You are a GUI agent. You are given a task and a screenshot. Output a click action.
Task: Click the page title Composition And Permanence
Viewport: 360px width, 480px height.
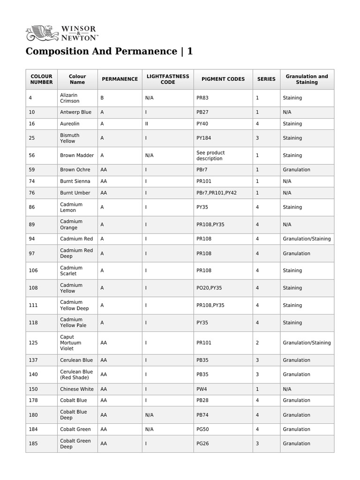(109, 51)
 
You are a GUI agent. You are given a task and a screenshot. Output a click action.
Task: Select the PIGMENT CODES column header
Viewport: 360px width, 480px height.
(223, 79)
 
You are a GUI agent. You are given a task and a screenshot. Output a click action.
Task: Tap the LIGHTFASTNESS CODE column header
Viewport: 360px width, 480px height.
(168, 79)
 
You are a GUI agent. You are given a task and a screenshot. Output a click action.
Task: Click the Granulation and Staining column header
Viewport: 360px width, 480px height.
(307, 79)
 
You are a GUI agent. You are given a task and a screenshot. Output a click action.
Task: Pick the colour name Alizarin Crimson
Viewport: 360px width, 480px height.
(70, 98)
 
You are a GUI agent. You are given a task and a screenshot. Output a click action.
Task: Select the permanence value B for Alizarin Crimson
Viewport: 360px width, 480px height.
(102, 98)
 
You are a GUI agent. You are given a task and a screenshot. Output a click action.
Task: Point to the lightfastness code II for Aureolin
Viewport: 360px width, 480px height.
(147, 124)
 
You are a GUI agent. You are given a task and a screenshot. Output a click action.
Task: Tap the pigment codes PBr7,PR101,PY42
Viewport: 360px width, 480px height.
(217, 193)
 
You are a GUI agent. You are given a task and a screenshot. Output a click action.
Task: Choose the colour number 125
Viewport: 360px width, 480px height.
(33, 343)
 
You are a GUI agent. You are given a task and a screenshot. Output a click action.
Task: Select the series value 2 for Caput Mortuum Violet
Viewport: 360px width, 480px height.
(257, 343)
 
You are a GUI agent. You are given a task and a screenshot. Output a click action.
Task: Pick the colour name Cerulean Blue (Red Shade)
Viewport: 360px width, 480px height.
(76, 375)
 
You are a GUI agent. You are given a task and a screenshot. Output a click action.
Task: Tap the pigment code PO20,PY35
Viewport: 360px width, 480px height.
(210, 288)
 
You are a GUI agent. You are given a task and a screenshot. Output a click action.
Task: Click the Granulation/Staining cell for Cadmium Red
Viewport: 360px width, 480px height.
(307, 239)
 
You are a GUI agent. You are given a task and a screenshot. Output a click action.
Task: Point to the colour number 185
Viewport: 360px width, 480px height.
(33, 444)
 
